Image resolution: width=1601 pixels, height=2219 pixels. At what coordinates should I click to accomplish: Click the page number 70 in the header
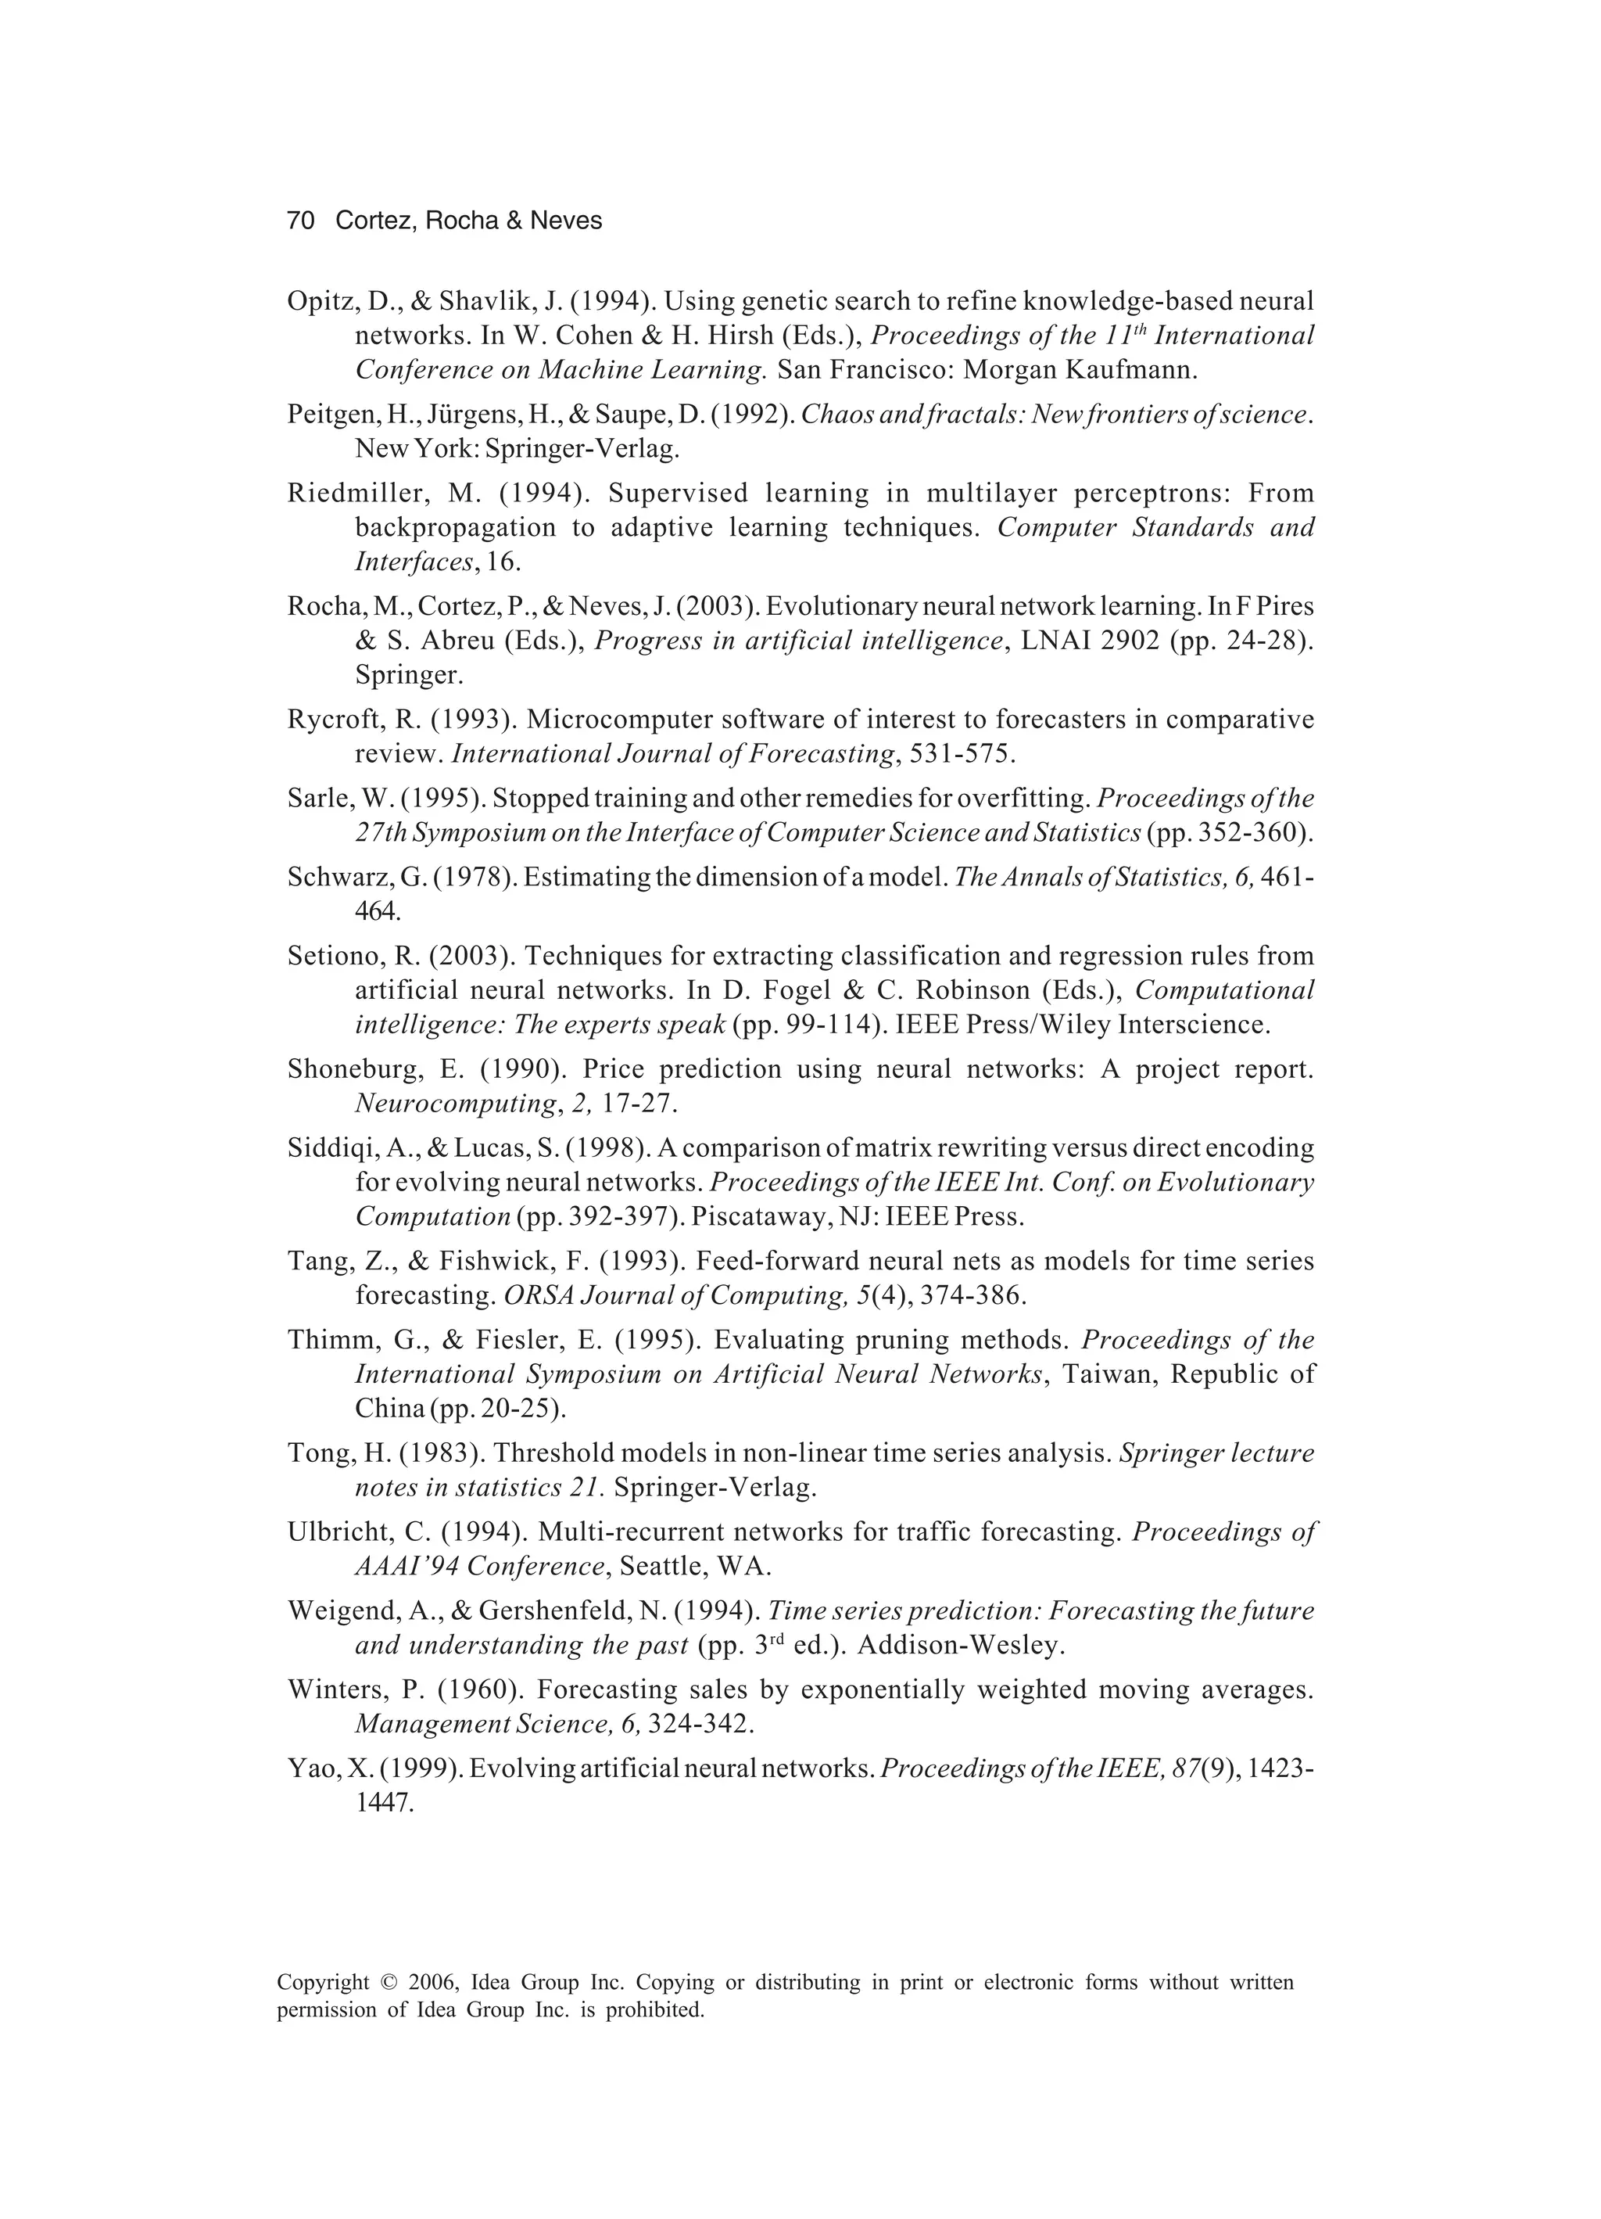click(x=300, y=221)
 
